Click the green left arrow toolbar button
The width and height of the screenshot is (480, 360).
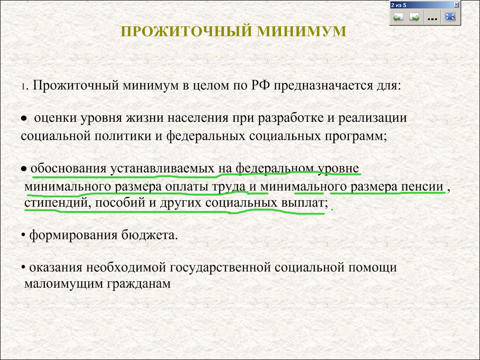click(398, 17)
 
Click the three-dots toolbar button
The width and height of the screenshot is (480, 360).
click(432, 17)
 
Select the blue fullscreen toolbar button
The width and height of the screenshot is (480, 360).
click(450, 17)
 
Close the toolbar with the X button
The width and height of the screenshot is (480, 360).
click(456, 5)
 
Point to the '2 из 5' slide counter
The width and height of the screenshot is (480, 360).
click(398, 5)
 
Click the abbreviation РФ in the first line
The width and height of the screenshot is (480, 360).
click(261, 85)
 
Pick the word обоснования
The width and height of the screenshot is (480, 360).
click(68, 168)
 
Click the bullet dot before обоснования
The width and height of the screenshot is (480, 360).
click(24, 169)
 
